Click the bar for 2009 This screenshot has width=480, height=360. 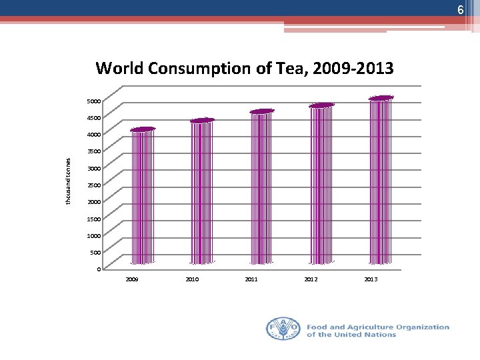click(142, 197)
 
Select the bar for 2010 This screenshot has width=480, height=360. click(202, 192)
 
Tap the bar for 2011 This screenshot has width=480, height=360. click(261, 187)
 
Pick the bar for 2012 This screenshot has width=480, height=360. click(321, 185)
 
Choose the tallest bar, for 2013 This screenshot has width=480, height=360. click(381, 181)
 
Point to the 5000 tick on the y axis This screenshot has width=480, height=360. click(94, 101)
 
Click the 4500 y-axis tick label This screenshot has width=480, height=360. click(94, 118)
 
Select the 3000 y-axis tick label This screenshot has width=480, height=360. click(94, 169)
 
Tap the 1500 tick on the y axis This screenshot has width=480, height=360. click(94, 219)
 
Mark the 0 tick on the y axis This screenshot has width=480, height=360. click(99, 269)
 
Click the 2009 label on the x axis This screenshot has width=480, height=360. click(132, 279)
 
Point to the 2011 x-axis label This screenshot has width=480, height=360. click(251, 279)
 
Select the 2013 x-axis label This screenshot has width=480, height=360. click(371, 279)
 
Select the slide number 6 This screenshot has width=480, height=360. click(460, 10)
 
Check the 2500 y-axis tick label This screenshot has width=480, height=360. click(94, 185)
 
